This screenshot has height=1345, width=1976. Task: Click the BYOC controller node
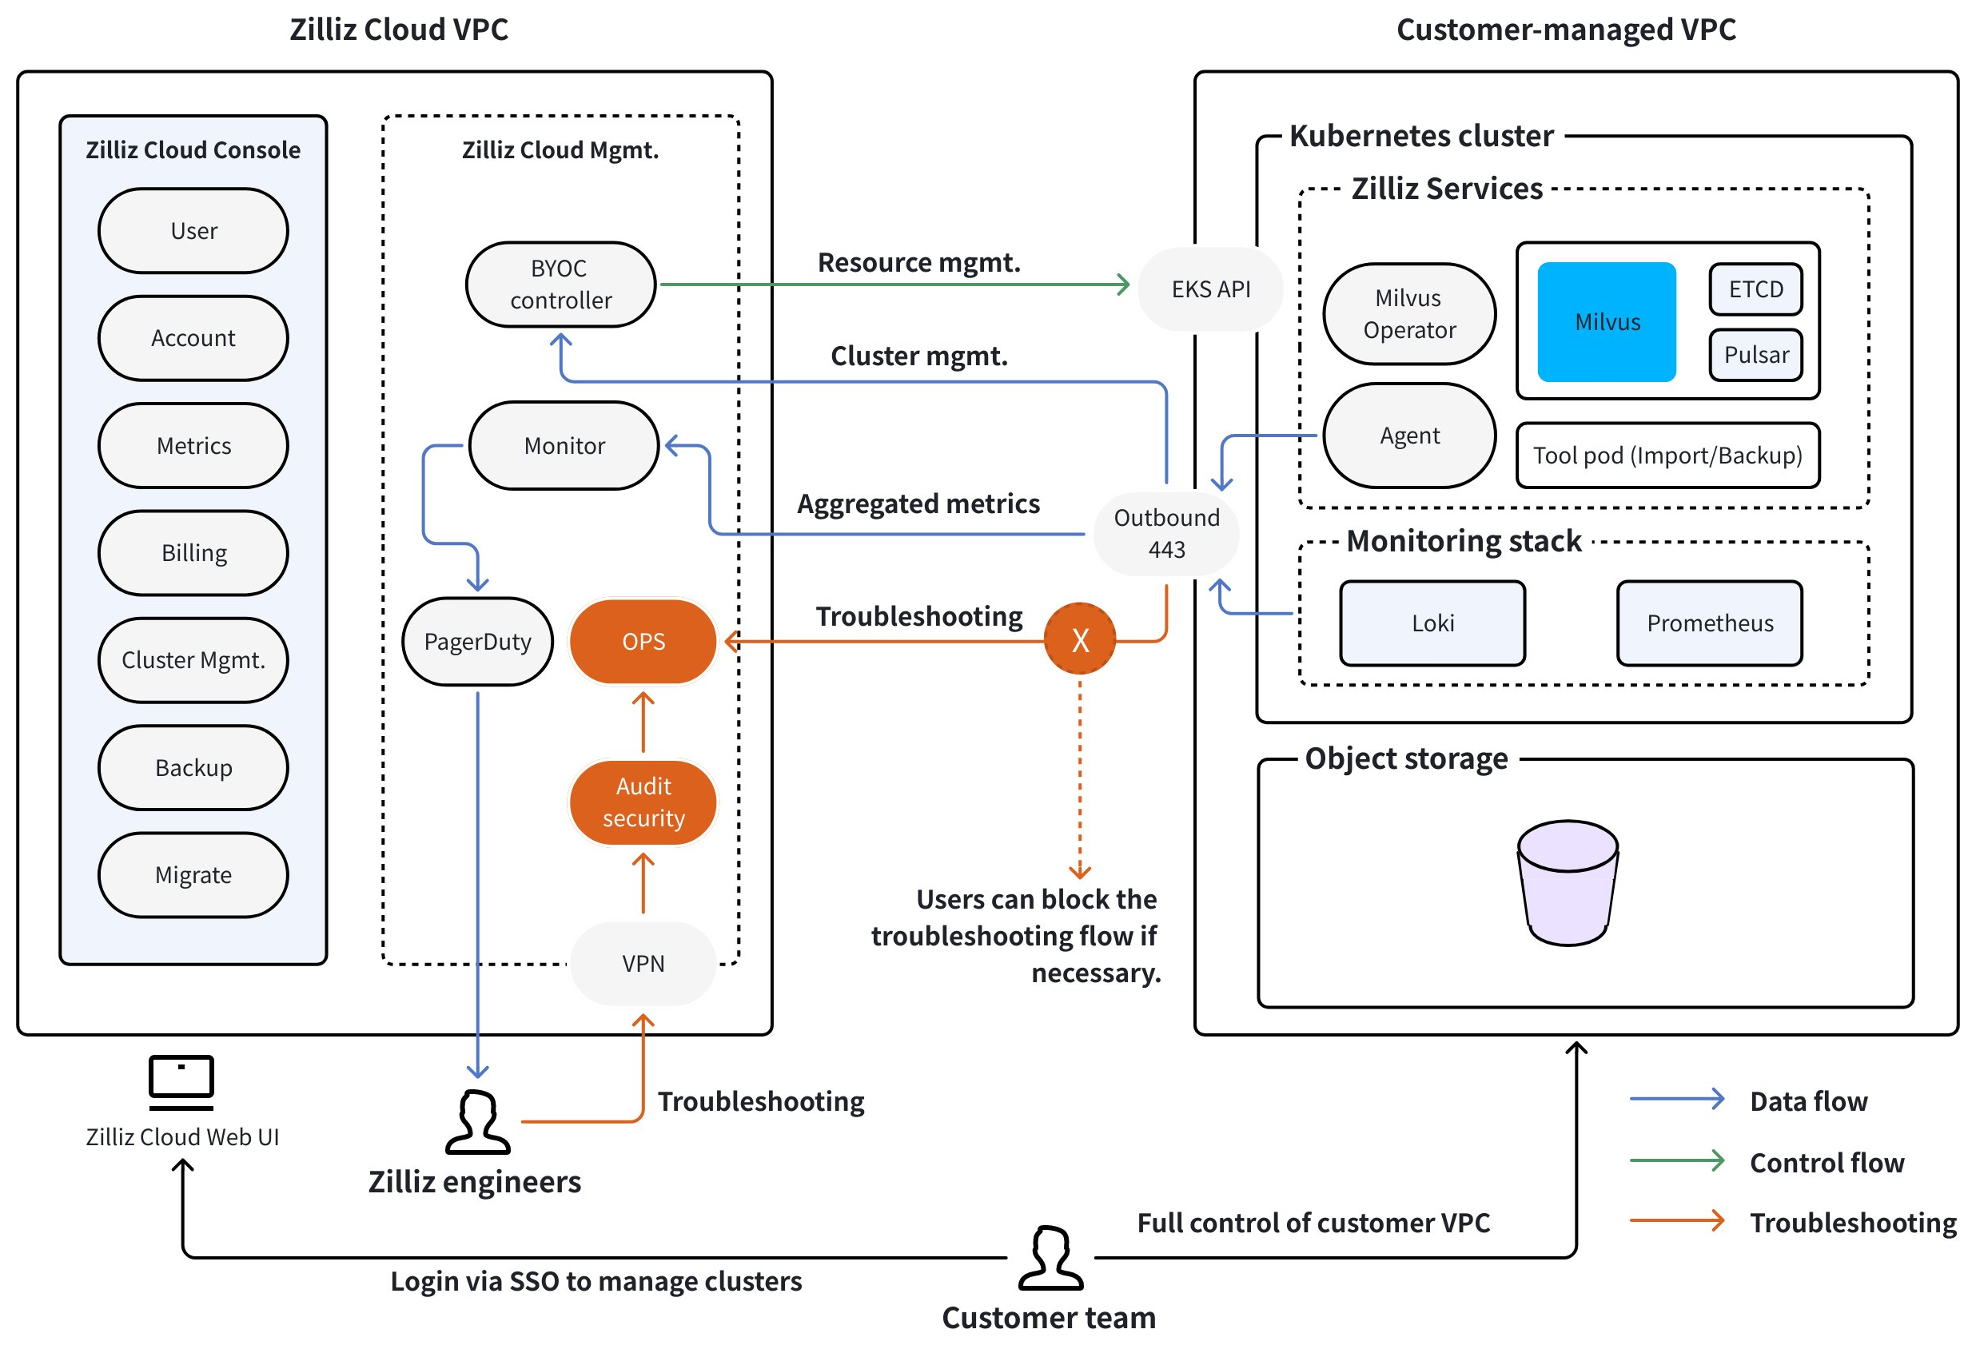(560, 284)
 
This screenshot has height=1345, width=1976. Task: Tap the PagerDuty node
(477, 641)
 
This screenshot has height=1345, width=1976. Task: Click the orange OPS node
(643, 641)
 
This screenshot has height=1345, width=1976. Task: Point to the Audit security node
(643, 802)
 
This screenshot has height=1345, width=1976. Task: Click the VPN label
(643, 963)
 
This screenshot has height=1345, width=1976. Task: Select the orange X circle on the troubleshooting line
(1080, 639)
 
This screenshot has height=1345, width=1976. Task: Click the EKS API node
(1210, 289)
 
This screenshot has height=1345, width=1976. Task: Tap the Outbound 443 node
(1165, 533)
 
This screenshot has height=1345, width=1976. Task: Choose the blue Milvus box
(1606, 321)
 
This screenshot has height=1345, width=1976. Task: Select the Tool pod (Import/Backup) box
(1667, 455)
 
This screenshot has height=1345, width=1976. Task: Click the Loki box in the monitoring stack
(1432, 623)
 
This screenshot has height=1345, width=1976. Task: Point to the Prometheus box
(1709, 623)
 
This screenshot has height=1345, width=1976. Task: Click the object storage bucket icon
(1567, 882)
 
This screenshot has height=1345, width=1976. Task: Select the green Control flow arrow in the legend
(1677, 1160)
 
